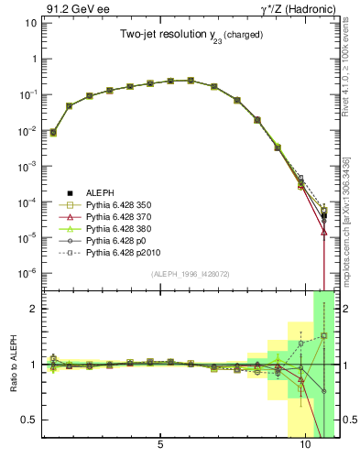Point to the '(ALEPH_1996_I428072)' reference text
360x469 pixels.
pos(191,274)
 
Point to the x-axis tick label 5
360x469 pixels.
pos(160,446)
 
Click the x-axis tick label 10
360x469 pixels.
pos(305,446)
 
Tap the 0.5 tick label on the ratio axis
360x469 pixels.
pos(29,420)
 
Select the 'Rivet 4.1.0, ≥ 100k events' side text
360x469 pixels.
pos(346,80)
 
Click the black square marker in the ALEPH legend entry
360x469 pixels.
pos(67,192)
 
